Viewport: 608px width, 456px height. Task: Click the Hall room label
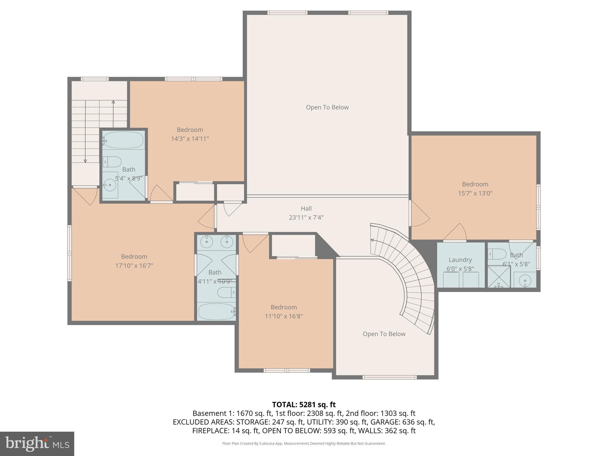tap(306, 208)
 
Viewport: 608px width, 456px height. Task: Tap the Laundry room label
tap(460, 260)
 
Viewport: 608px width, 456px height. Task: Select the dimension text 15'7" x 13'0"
tap(475, 193)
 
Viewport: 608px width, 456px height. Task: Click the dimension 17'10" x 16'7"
tap(134, 266)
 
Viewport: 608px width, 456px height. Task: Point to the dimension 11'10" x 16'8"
tap(284, 316)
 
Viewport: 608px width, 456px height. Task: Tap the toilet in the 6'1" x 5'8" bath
tap(498, 254)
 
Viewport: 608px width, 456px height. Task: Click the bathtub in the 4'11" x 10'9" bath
tap(216, 311)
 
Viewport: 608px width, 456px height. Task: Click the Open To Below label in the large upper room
tap(327, 107)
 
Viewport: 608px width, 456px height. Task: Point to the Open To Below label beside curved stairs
tap(384, 334)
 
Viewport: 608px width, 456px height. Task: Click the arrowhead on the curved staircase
tap(372, 240)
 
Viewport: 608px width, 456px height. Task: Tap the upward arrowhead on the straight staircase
tap(113, 102)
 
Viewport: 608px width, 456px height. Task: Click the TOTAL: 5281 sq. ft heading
tap(304, 405)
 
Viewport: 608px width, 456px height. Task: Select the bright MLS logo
tap(37, 444)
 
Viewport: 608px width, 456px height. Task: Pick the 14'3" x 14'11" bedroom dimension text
tap(190, 139)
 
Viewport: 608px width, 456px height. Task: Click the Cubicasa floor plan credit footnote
tap(304, 444)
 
